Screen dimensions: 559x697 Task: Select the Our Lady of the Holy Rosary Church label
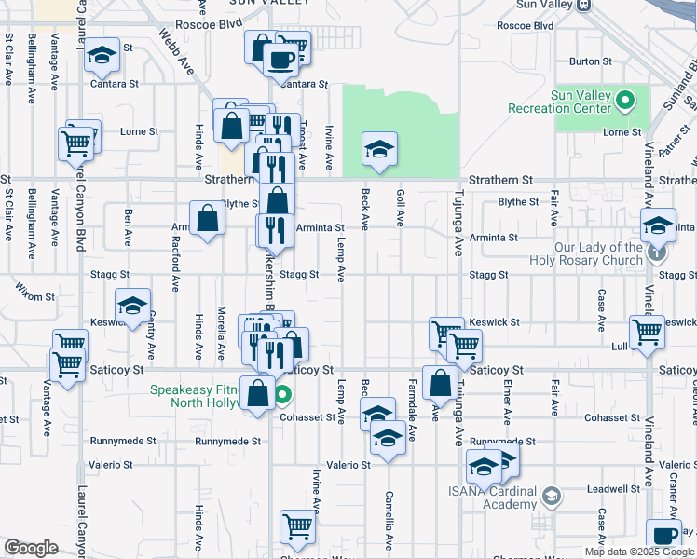(598, 254)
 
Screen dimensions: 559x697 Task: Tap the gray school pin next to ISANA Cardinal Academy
(552, 498)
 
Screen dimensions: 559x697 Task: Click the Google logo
(31, 548)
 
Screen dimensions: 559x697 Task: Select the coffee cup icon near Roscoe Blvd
(280, 59)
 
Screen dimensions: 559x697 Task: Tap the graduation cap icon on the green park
(378, 149)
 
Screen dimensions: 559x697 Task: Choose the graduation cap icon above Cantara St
(102, 56)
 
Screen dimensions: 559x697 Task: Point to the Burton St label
(590, 61)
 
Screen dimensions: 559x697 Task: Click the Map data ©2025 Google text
(638, 552)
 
